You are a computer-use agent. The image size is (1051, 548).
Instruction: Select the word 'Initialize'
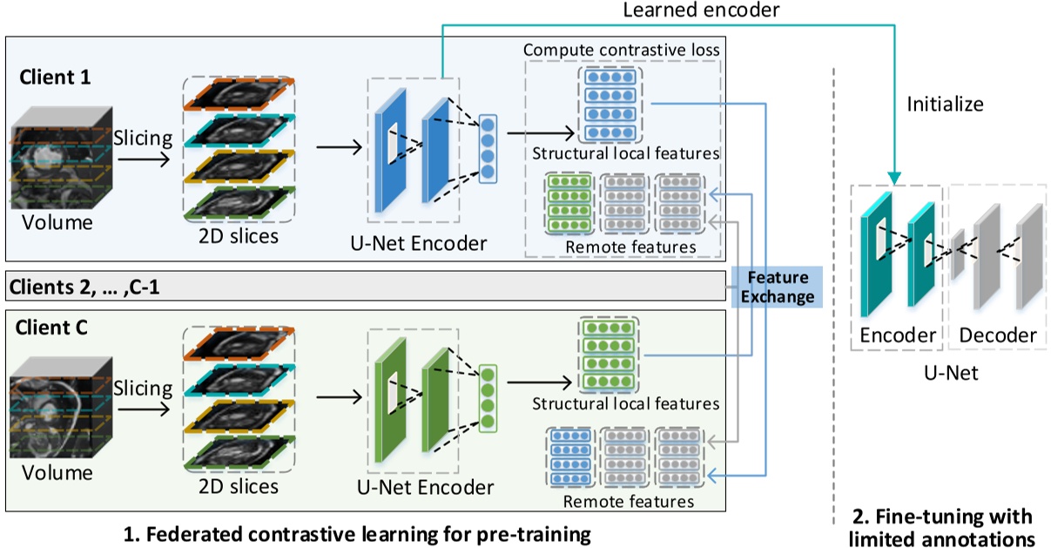pyautogui.click(x=945, y=105)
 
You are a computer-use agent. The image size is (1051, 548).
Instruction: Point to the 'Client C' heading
pyautogui.click(x=55, y=328)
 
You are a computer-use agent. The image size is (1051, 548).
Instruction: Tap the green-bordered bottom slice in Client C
pyautogui.click(x=240, y=451)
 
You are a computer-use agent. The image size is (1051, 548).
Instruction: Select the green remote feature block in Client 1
pyautogui.click(x=569, y=205)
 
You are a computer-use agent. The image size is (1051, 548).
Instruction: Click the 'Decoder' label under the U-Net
pyautogui.click(x=998, y=335)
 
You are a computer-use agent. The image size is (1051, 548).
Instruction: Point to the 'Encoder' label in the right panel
pyautogui.click(x=897, y=335)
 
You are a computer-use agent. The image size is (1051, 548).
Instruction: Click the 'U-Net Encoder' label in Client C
pyautogui.click(x=428, y=486)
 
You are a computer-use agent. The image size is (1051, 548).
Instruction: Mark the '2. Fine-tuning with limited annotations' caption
pyautogui.click(x=940, y=526)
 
